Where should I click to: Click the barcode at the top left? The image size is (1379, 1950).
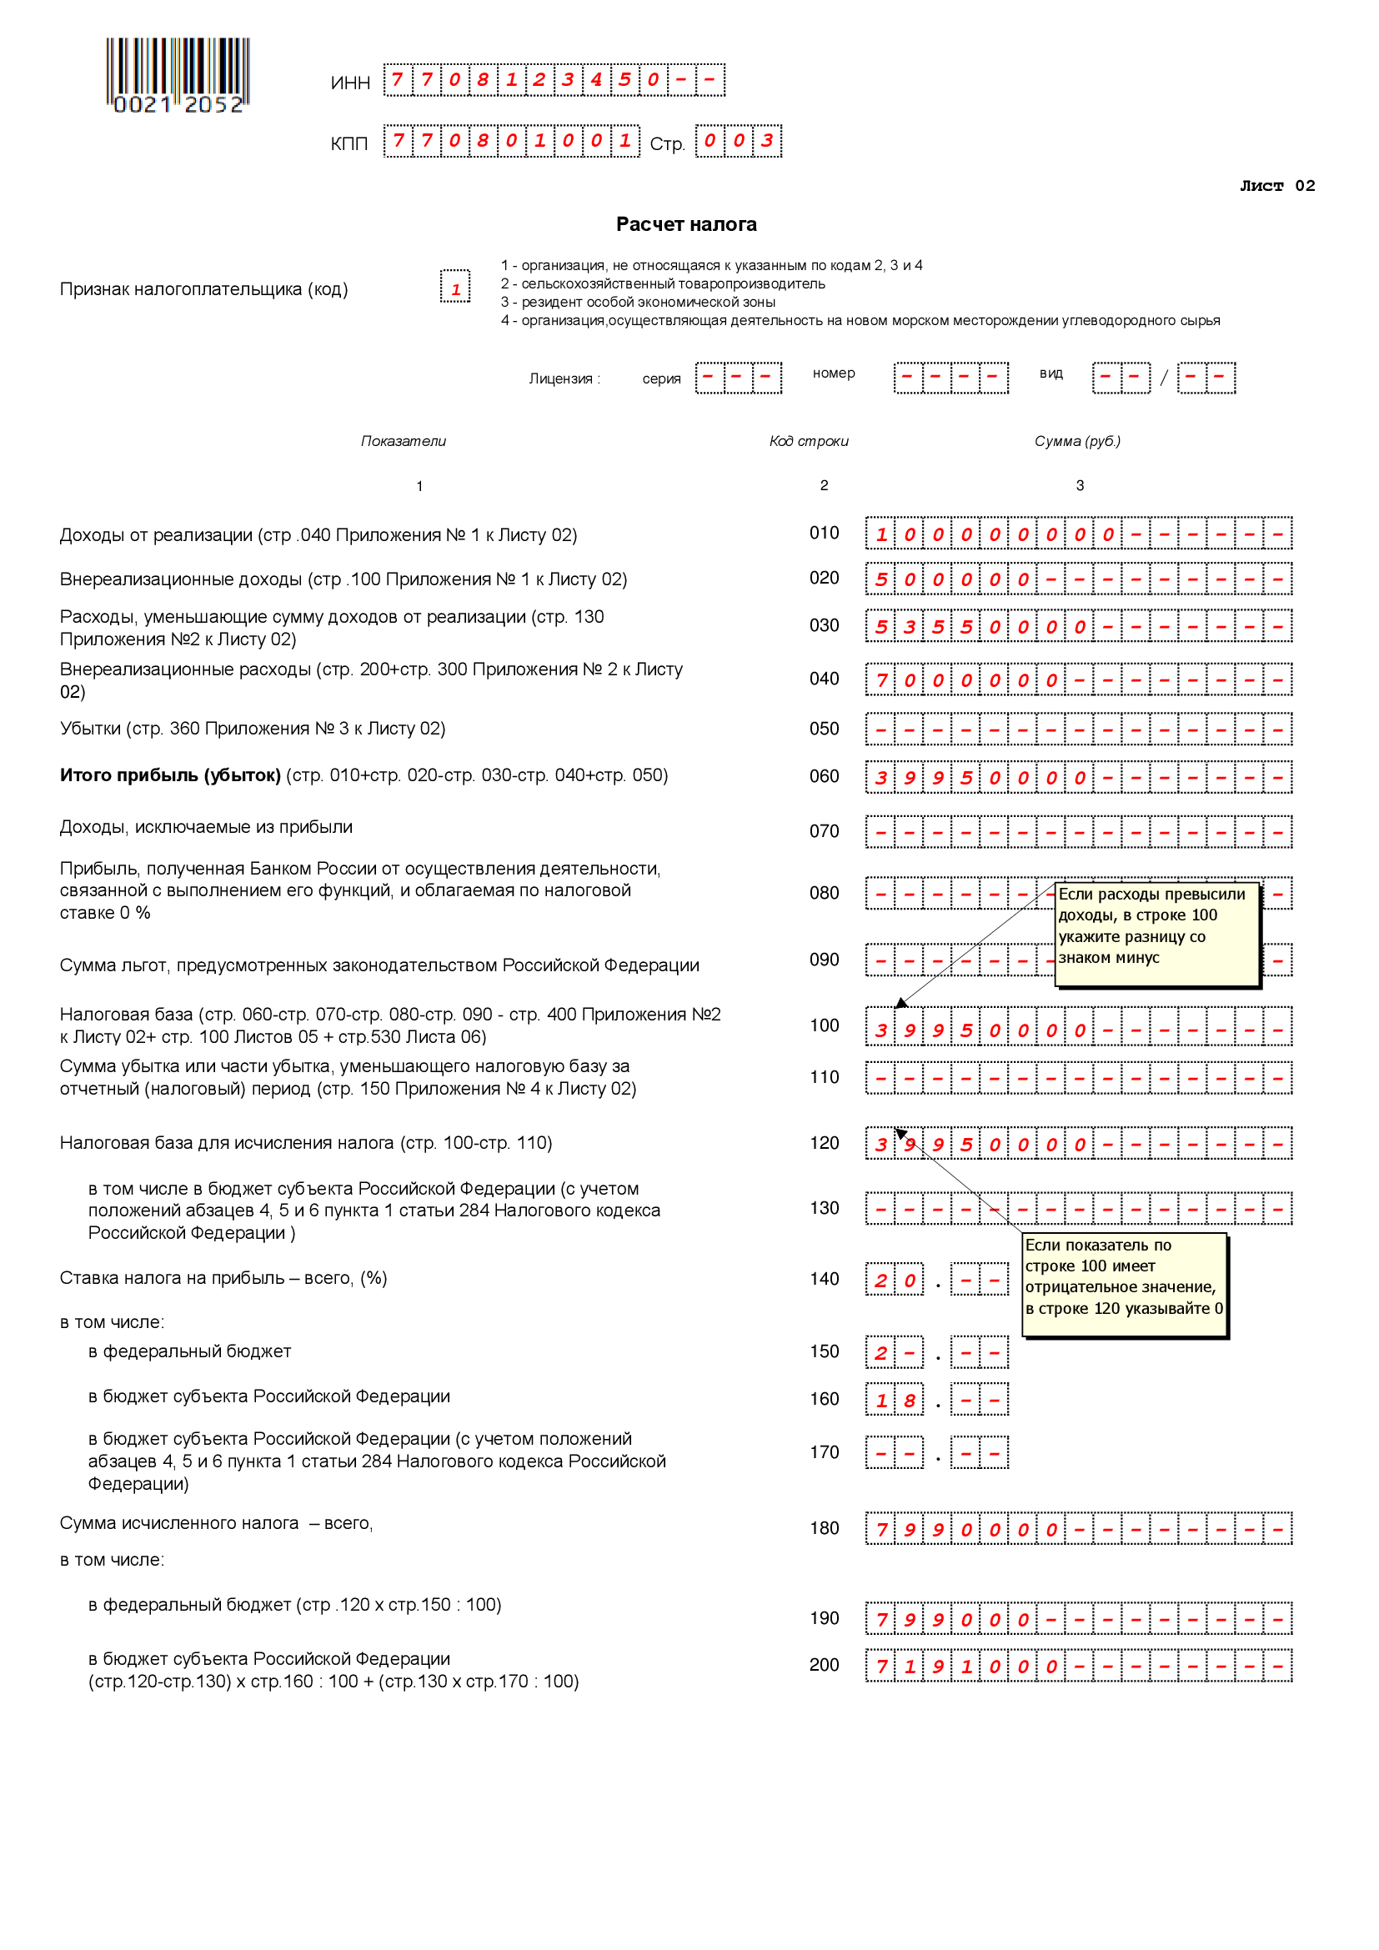coord(178,75)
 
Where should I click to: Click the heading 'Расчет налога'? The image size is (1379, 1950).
coord(686,224)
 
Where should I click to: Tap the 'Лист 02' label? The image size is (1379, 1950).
coord(1276,186)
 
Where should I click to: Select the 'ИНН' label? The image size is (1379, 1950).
coord(350,83)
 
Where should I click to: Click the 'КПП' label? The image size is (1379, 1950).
coord(349,143)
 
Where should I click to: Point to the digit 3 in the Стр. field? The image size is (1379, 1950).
coord(767,141)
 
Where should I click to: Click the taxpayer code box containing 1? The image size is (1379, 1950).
coord(455,288)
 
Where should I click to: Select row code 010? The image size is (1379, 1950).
coord(824,534)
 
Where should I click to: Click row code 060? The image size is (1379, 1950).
coord(824,776)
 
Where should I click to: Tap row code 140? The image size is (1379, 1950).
coord(824,1279)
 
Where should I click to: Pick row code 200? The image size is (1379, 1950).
coord(824,1665)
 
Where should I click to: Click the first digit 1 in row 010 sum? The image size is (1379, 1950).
coord(880,534)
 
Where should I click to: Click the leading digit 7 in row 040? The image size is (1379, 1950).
coord(880,680)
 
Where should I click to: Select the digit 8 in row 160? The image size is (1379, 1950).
coord(910,1401)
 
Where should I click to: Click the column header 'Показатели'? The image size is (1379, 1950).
coord(404,441)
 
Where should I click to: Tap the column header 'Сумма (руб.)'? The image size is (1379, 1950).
coord(1076,441)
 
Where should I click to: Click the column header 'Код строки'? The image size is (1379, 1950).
coord(809,441)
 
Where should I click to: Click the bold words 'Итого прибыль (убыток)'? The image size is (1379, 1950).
coord(170,775)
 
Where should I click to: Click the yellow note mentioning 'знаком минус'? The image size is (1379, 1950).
coord(1156,935)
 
